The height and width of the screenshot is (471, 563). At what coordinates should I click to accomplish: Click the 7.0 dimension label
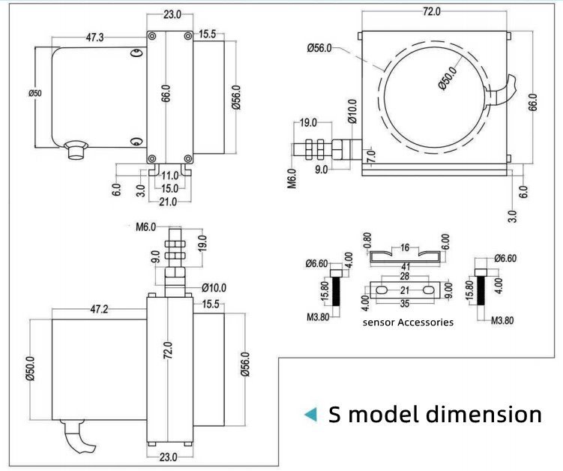(x=370, y=156)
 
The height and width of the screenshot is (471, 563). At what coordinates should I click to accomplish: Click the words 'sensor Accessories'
(x=408, y=322)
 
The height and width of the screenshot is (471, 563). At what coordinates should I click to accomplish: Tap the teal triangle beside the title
(x=309, y=415)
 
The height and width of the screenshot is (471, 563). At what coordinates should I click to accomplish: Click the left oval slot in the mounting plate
(x=381, y=290)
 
